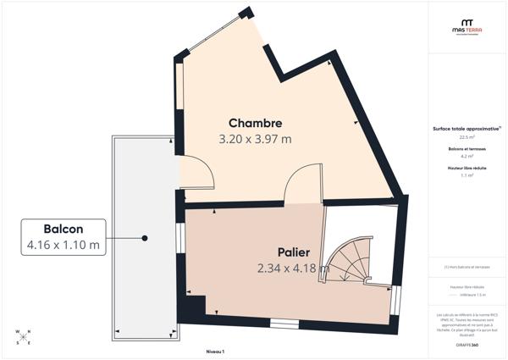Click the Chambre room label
click(x=255, y=123)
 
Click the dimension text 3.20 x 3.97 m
click(x=255, y=139)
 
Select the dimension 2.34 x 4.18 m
click(x=293, y=269)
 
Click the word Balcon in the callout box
click(x=63, y=230)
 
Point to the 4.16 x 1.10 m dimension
click(x=63, y=246)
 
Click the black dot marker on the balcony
click(x=146, y=238)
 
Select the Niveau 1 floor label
click(x=215, y=350)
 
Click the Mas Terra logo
click(x=467, y=28)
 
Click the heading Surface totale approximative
click(x=466, y=128)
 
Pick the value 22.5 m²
click(x=467, y=136)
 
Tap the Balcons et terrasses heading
click(x=467, y=148)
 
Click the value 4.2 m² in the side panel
click(x=467, y=157)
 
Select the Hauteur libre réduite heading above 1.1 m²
click(x=467, y=169)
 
